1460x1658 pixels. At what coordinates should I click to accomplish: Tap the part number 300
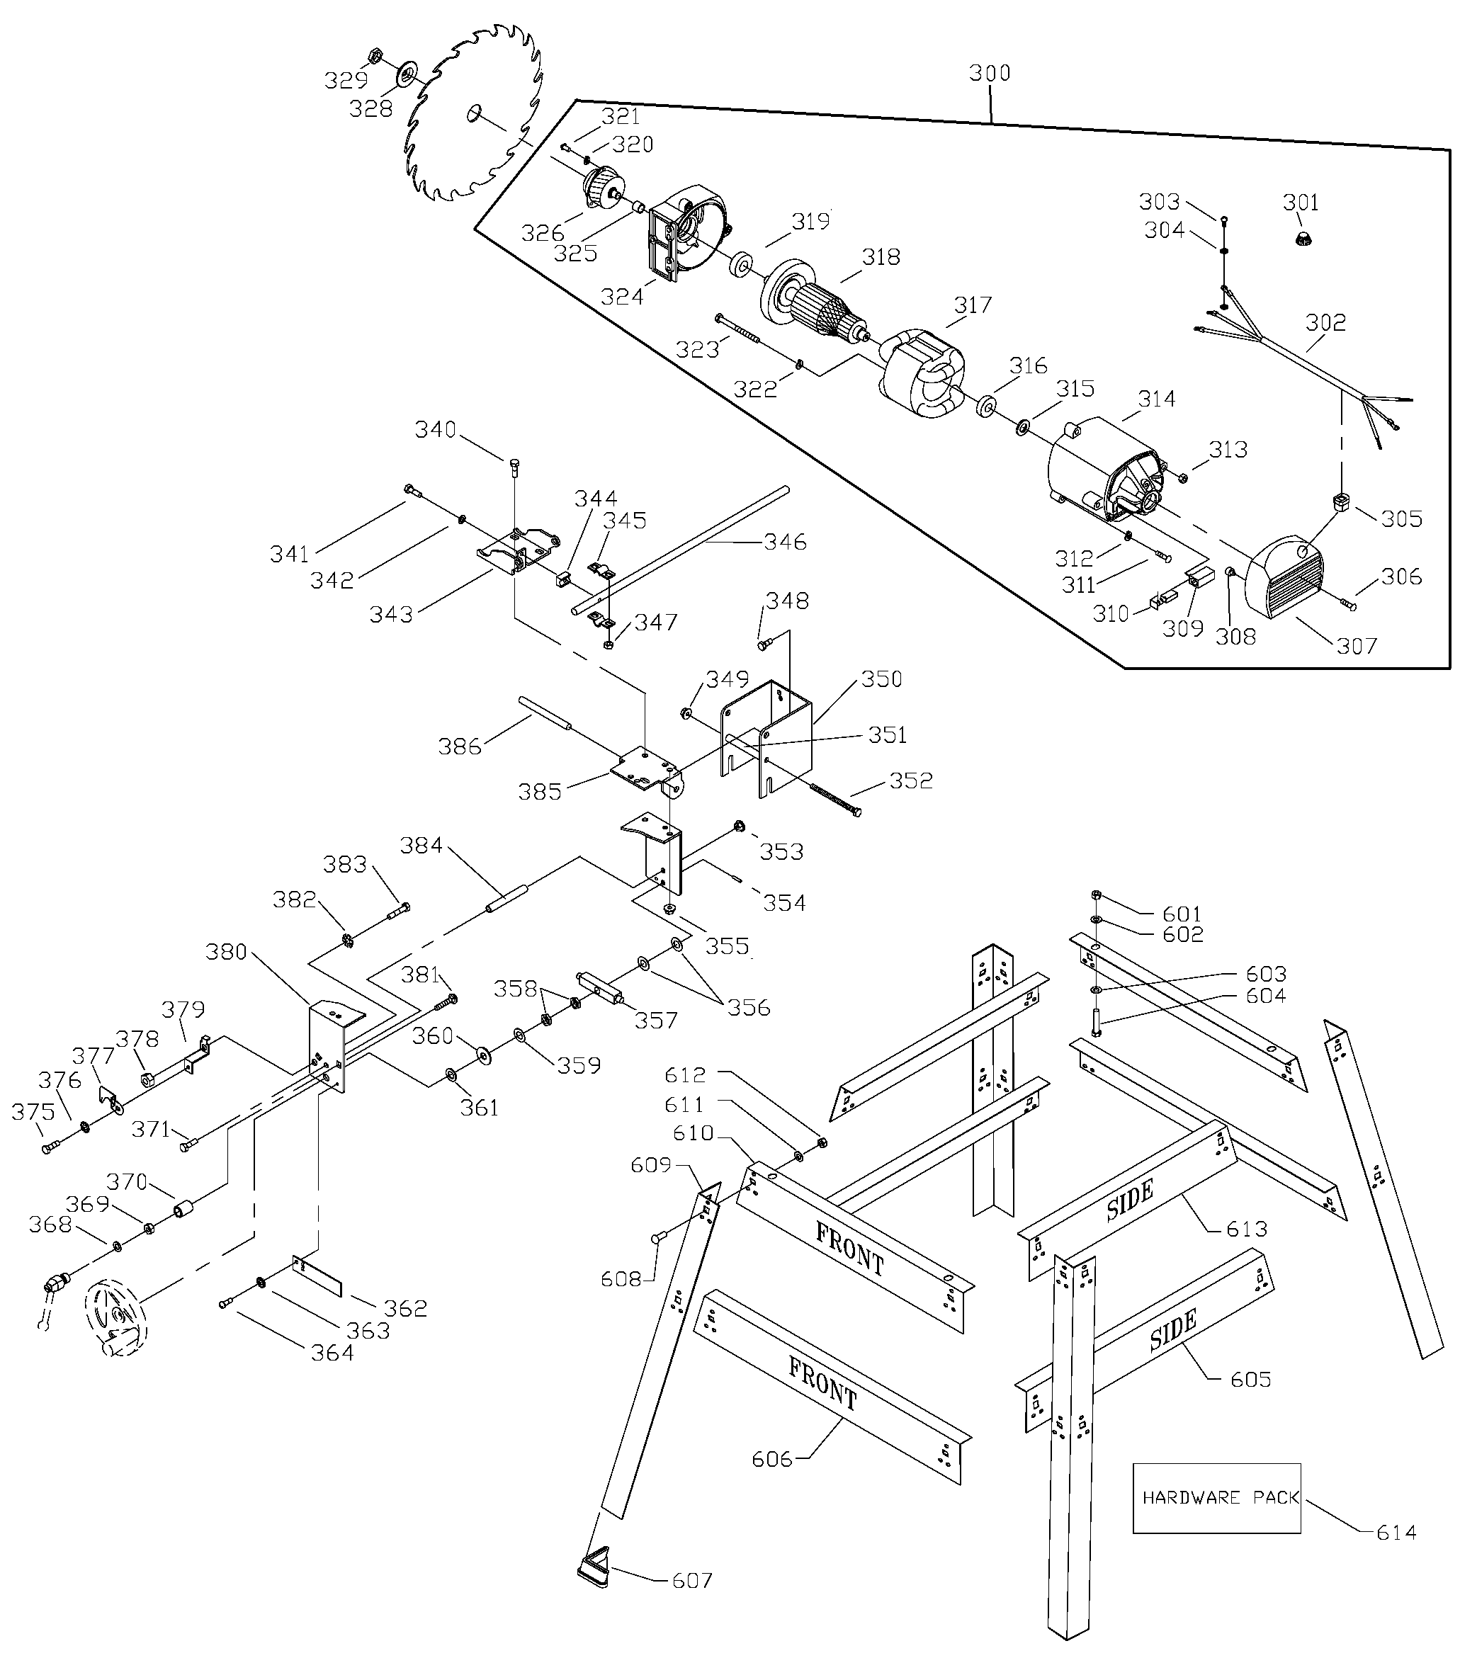tap(990, 74)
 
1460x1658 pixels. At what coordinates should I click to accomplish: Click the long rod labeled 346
tap(681, 547)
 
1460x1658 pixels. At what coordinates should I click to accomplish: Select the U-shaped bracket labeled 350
tap(766, 734)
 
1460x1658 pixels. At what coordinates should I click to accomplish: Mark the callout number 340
tap(436, 430)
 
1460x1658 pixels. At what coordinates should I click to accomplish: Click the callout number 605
tap(1250, 1379)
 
